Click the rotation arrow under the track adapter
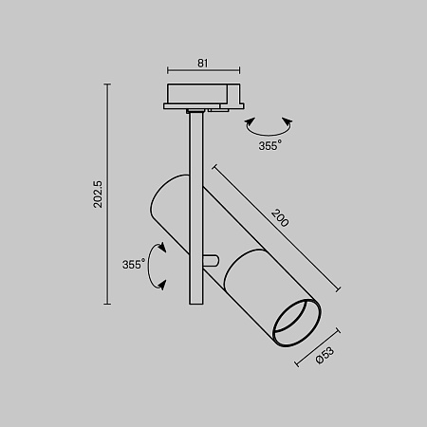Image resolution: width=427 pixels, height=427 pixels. click(269, 126)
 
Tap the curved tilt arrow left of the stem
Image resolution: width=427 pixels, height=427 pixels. click(159, 265)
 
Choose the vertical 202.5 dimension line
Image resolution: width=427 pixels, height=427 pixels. click(108, 195)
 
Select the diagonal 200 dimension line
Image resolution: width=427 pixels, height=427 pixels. click(276, 228)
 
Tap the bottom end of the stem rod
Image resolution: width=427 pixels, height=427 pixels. click(195, 303)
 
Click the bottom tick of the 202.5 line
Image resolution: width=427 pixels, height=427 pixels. click(108, 304)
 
